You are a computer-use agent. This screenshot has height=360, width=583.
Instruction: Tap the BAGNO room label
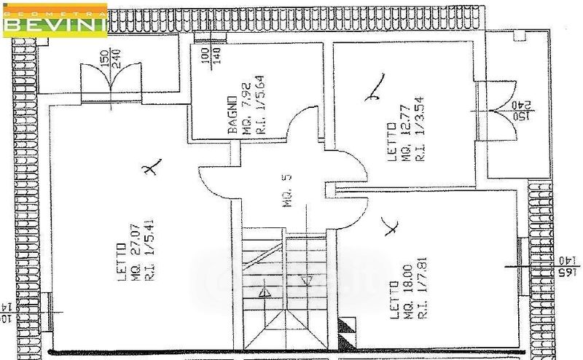[x=232, y=114]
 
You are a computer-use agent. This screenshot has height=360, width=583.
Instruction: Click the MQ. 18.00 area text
[x=408, y=299]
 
